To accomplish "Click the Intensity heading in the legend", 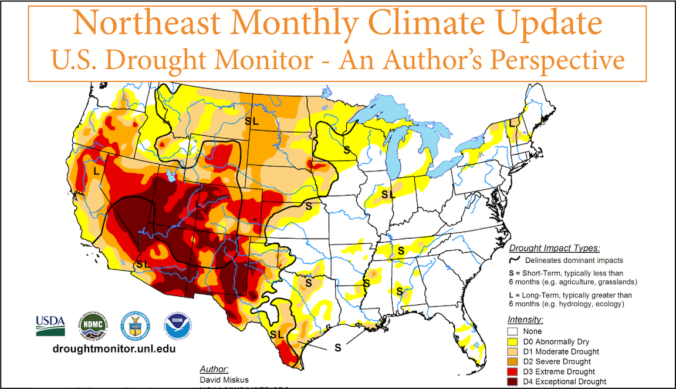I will [x=525, y=320].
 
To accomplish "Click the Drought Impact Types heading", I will [x=554, y=248].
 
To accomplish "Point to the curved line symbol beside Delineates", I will [x=515, y=259].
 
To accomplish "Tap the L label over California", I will [x=96, y=172].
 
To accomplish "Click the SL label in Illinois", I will [x=387, y=194].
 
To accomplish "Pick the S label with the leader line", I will [x=338, y=347].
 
